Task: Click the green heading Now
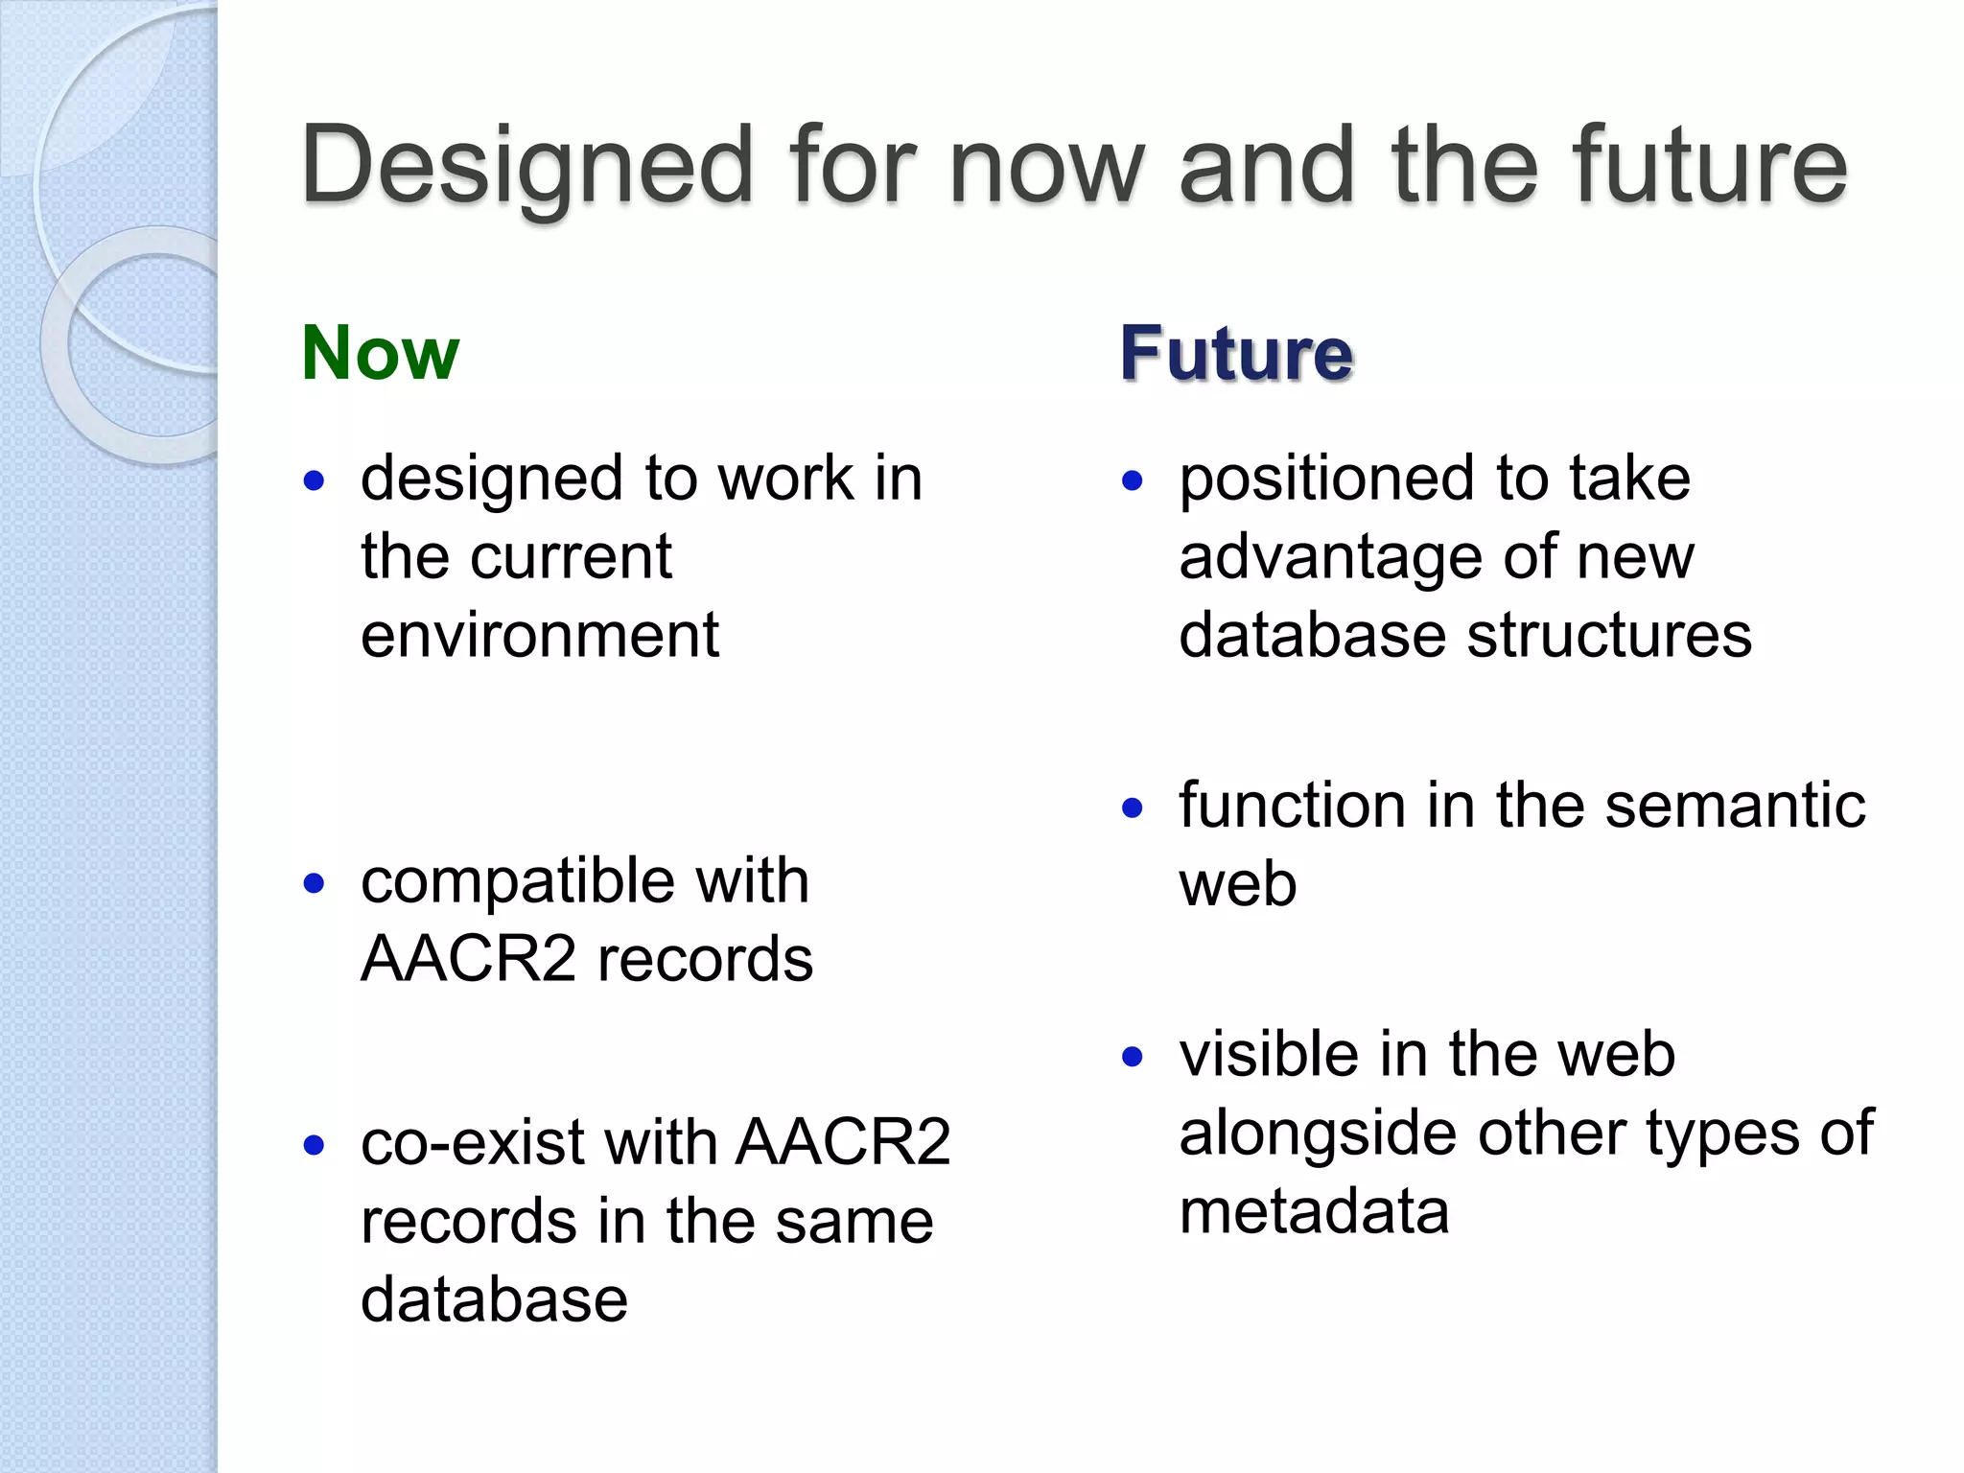pyautogui.click(x=381, y=354)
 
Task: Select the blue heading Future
pyautogui.click(x=1236, y=354)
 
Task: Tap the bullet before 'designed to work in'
pyautogui.click(x=314, y=480)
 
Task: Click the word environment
pyautogui.click(x=539, y=636)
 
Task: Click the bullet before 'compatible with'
pyautogui.click(x=314, y=883)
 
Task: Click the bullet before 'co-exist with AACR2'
pyautogui.click(x=314, y=1145)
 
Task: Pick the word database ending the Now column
pyautogui.click(x=494, y=1300)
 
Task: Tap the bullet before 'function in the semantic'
pyautogui.click(x=1133, y=808)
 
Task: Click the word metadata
pyautogui.click(x=1314, y=1212)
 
